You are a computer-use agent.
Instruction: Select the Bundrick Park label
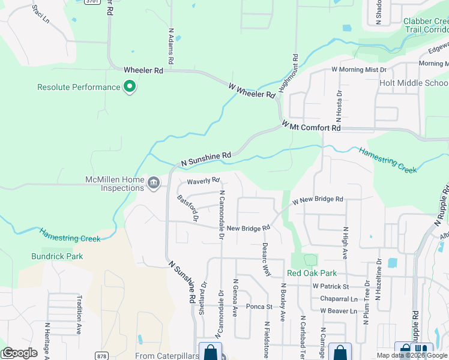click(x=57, y=256)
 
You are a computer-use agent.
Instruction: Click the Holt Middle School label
click(x=414, y=83)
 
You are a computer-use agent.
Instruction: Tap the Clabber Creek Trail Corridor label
click(x=425, y=25)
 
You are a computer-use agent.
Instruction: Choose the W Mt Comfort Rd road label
click(x=312, y=126)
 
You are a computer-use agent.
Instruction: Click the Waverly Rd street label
click(x=203, y=180)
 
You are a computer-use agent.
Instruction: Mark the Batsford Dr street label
click(x=187, y=208)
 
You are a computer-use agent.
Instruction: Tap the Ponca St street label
click(x=259, y=307)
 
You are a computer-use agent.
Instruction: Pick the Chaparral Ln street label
click(x=339, y=299)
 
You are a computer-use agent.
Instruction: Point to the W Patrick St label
click(x=330, y=287)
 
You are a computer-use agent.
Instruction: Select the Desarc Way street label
click(x=265, y=259)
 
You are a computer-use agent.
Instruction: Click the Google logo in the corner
click(x=19, y=353)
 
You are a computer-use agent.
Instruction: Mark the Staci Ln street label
click(x=40, y=13)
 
